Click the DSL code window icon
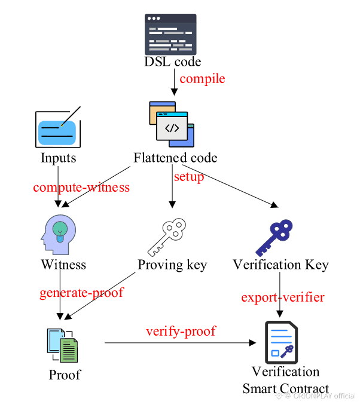pos(172,35)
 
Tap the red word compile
pos(202,78)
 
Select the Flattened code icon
pos(172,124)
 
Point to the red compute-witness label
pos(81,188)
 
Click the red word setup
pos(188,177)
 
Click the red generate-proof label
pos(81,293)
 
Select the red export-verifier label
pos(283,297)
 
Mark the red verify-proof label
pos(181,331)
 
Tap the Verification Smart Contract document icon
pos(281,342)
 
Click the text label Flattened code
pos(175,158)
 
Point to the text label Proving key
pos(172,265)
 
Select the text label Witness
pos(63,265)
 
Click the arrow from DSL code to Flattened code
pos(173,82)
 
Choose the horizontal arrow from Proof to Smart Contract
pos(179,343)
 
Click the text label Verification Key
pos(280,265)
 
